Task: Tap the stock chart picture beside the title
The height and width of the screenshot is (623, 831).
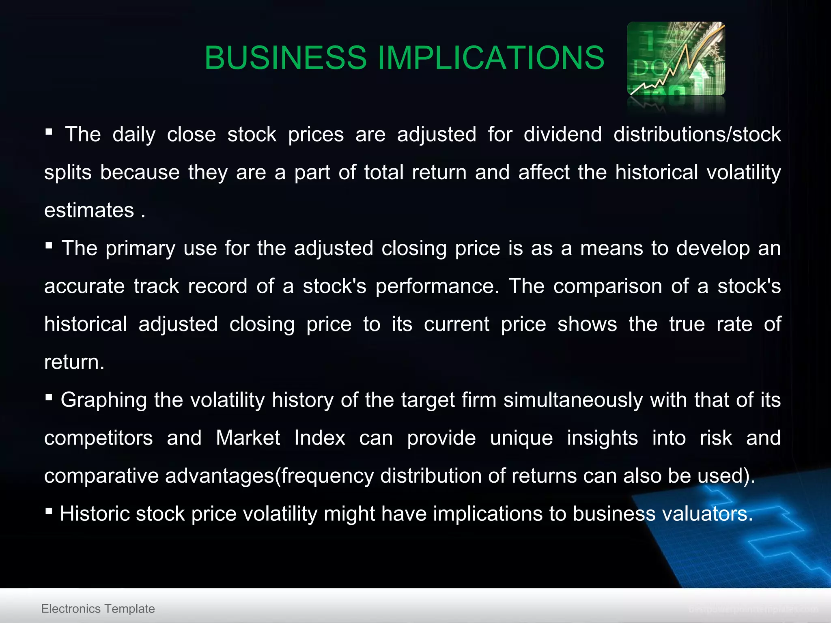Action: click(x=676, y=59)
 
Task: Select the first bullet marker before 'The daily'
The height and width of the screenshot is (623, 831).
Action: click(x=49, y=131)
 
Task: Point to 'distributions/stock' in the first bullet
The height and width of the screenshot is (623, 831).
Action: click(x=697, y=134)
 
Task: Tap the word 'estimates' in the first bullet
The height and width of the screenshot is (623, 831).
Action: click(x=89, y=210)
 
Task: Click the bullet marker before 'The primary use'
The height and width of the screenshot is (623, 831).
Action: click(x=49, y=245)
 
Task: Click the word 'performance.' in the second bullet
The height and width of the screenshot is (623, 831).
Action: click(x=437, y=286)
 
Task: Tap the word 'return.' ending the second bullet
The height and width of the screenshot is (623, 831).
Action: click(x=74, y=362)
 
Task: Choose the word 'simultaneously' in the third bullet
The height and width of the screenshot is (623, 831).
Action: click(x=573, y=400)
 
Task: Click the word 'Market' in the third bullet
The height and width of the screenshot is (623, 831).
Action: click(x=248, y=438)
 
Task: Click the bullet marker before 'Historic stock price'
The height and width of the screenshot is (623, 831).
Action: click(x=49, y=511)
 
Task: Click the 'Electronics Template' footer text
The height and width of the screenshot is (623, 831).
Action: click(x=98, y=608)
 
